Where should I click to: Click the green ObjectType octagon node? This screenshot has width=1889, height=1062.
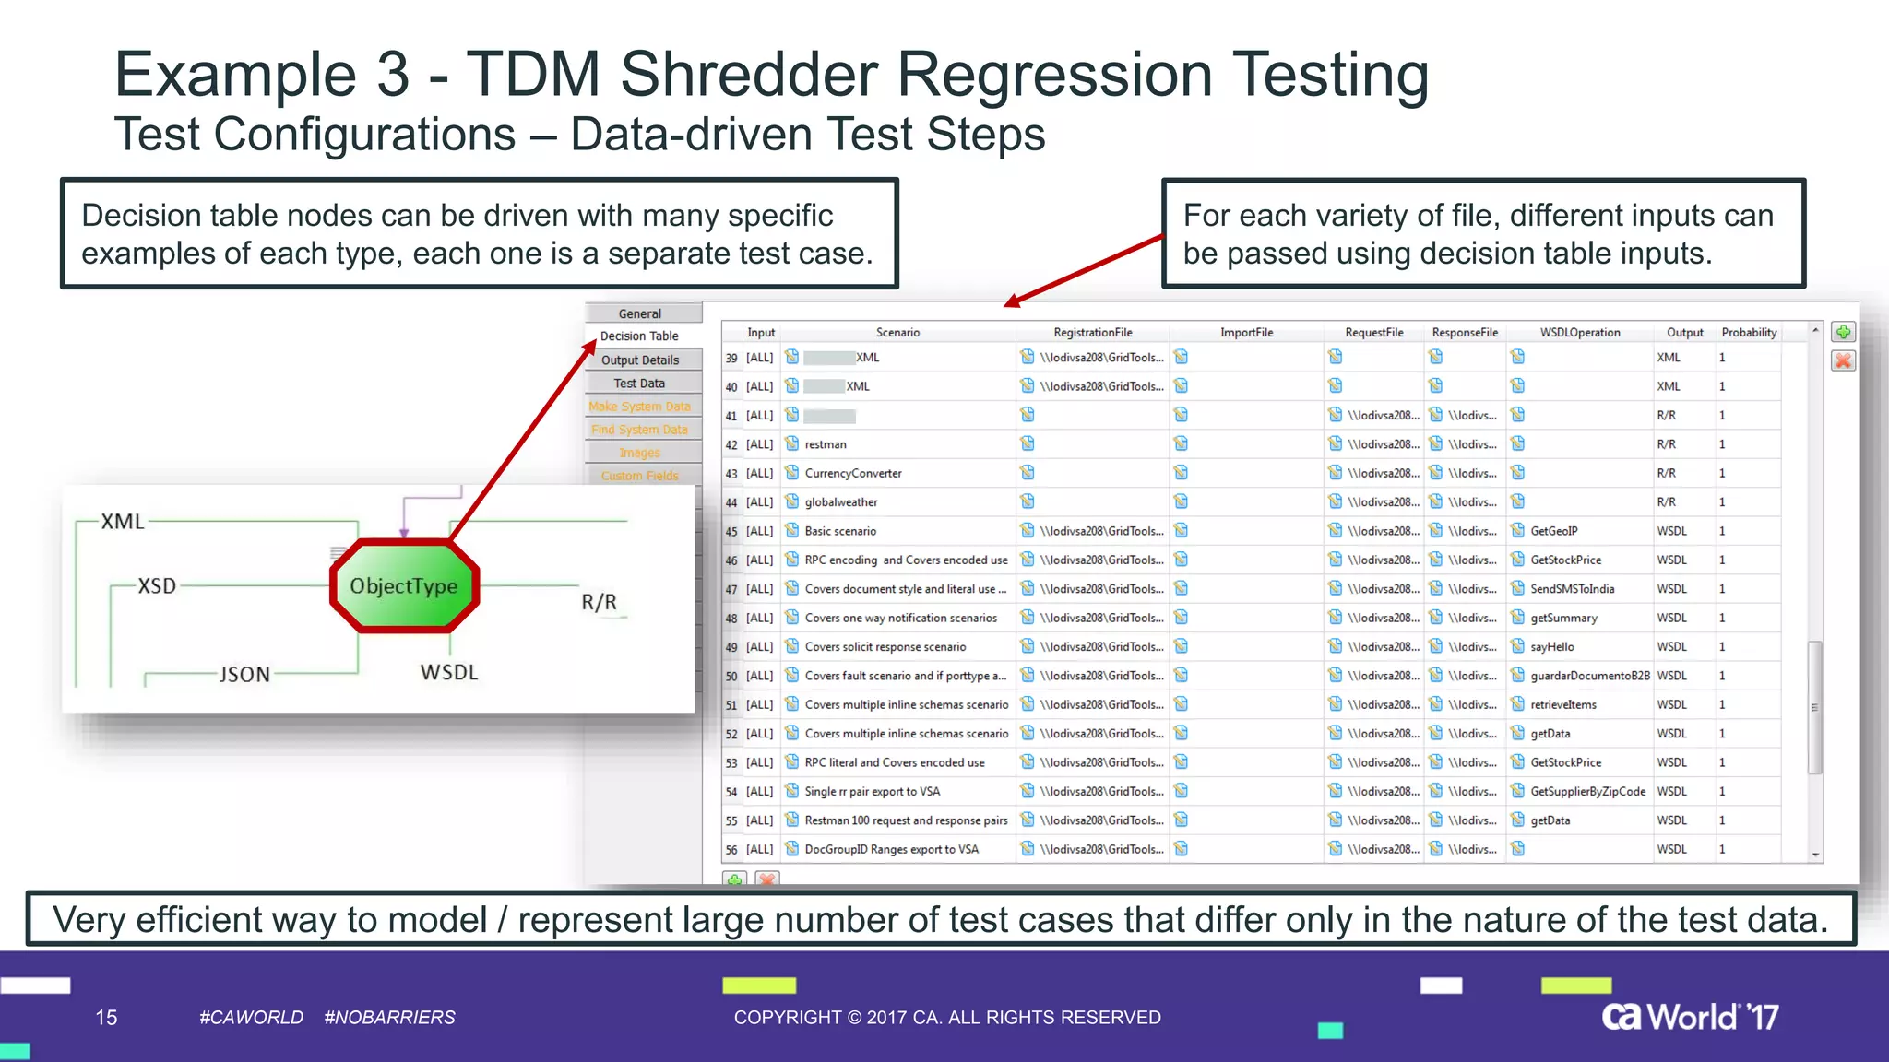pos(404,586)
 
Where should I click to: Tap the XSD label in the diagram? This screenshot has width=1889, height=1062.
pos(157,586)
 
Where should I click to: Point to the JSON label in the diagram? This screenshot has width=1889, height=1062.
pos(244,675)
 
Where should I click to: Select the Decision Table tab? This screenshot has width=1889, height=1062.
pos(639,336)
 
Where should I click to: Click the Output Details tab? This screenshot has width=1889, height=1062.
pos(640,360)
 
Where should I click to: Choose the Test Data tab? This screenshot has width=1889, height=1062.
pos(639,383)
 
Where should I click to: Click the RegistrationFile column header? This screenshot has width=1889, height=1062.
pos(1093,333)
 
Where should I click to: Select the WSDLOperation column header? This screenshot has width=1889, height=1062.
pos(1579,333)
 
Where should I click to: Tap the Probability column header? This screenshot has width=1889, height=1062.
pos(1749,333)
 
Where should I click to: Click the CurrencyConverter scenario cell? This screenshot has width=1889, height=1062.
pos(853,474)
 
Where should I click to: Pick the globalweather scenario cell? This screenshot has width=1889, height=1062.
pos(841,502)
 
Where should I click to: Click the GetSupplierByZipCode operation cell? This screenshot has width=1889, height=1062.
pos(1587,792)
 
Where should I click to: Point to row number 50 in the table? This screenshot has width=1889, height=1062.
pos(731,677)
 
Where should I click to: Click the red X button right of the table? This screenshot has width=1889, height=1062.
pos(1843,361)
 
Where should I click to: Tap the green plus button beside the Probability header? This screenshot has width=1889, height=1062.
pos(1843,333)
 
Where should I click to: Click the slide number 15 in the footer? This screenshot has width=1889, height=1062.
pos(106,1018)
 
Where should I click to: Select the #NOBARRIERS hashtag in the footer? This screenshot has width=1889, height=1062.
pos(389,1018)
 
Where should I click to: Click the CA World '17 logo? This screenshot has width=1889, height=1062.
pos(1690,1017)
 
